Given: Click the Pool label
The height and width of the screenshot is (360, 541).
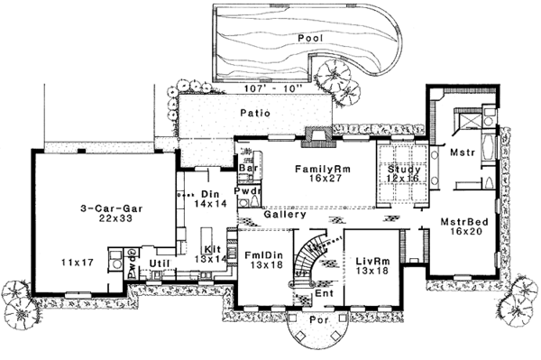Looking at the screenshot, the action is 310,38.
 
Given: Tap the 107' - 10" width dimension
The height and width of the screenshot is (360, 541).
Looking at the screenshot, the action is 273,88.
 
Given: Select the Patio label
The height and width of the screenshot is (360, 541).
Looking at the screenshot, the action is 255,113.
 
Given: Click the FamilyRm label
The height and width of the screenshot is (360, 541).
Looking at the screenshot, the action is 323,169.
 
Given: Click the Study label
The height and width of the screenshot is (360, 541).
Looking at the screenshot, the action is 404,170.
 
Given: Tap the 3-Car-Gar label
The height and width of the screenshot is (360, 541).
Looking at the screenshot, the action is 112,208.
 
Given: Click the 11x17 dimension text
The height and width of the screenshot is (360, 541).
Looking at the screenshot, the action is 78,263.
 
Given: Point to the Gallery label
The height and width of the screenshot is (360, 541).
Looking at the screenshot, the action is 285,215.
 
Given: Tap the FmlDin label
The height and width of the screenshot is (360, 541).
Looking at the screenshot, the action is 264,255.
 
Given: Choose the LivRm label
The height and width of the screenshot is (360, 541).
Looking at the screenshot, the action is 372,262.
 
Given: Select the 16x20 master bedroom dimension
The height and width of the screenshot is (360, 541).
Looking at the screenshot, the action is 466,231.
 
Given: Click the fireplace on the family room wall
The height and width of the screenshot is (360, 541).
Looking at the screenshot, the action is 318,137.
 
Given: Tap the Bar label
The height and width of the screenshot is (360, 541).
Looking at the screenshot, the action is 248,168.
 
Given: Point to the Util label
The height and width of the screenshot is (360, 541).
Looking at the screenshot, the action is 160,263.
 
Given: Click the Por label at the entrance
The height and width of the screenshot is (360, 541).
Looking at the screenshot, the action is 318,320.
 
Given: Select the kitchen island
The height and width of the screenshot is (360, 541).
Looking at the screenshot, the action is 206,238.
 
